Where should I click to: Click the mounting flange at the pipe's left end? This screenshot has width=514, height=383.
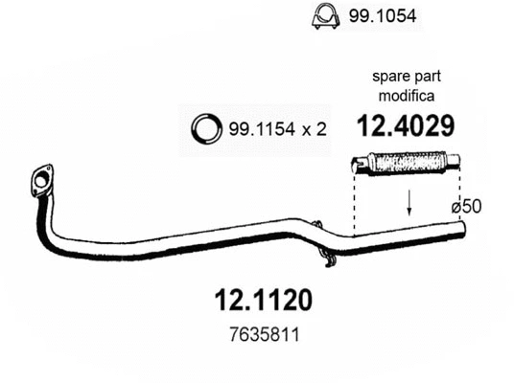click(40, 181)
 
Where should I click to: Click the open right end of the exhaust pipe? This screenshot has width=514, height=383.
click(461, 228)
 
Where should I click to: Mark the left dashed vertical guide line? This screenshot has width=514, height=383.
click(354, 206)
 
